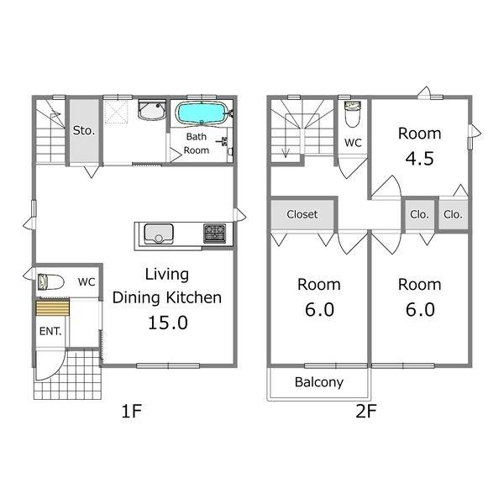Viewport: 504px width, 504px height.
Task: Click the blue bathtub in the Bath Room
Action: (201, 113)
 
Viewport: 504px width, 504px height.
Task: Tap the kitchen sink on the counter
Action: (159, 234)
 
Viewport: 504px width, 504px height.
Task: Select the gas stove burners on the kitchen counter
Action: (215, 233)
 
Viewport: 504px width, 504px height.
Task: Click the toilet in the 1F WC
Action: (50, 282)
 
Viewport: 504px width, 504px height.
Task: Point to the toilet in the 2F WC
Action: (353, 113)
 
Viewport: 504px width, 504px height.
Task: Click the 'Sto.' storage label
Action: (84, 130)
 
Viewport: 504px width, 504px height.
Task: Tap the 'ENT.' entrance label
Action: (50, 331)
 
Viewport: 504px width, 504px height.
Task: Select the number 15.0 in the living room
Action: (168, 323)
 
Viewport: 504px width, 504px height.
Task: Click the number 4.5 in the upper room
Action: (419, 159)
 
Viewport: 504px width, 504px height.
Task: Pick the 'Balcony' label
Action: (319, 382)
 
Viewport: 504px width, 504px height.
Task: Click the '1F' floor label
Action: (132, 411)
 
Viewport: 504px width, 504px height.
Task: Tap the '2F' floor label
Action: (365, 411)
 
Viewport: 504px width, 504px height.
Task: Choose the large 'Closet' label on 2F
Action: (302, 214)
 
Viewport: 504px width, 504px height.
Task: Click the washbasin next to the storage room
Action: (152, 110)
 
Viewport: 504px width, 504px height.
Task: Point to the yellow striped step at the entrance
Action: (53, 308)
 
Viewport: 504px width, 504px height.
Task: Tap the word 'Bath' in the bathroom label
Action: (196, 137)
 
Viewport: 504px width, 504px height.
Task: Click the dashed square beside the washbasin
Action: (117, 112)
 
